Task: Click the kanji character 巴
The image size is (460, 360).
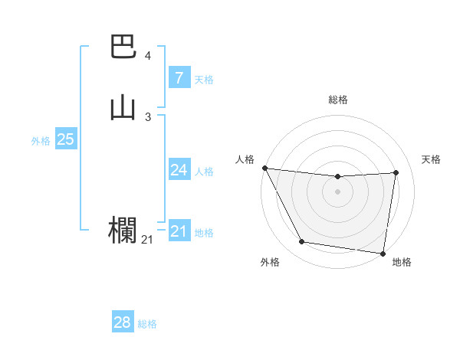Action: pyautogui.click(x=123, y=48)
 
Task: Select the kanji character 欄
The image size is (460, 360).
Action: pyautogui.click(x=123, y=231)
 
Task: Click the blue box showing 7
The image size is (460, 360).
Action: pyautogui.click(x=179, y=78)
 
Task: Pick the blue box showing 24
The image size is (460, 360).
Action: pyautogui.click(x=179, y=170)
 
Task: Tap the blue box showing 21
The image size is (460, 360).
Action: pyautogui.click(x=179, y=231)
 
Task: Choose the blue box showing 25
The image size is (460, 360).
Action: pyautogui.click(x=65, y=139)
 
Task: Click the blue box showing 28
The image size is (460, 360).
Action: pyautogui.click(x=123, y=322)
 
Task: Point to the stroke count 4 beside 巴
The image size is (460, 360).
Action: pyautogui.click(x=148, y=56)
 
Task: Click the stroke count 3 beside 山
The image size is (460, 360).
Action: pyautogui.click(x=148, y=116)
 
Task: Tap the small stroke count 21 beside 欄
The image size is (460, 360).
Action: pyautogui.click(x=147, y=240)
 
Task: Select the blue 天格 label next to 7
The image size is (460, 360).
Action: pyautogui.click(x=204, y=80)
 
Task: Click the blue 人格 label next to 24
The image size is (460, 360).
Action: pyautogui.click(x=204, y=172)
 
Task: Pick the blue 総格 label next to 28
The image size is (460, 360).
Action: pyautogui.click(x=147, y=324)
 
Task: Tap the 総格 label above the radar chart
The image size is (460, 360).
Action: pyautogui.click(x=338, y=100)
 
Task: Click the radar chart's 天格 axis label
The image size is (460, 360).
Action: pyautogui.click(x=431, y=159)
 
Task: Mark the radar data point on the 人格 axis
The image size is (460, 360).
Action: pyautogui.click(x=264, y=168)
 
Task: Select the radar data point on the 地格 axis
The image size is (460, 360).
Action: pyautogui.click(x=383, y=254)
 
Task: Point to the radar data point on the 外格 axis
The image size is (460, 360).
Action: pyautogui.click(x=302, y=243)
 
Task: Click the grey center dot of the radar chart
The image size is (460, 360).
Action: pyautogui.click(x=338, y=192)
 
